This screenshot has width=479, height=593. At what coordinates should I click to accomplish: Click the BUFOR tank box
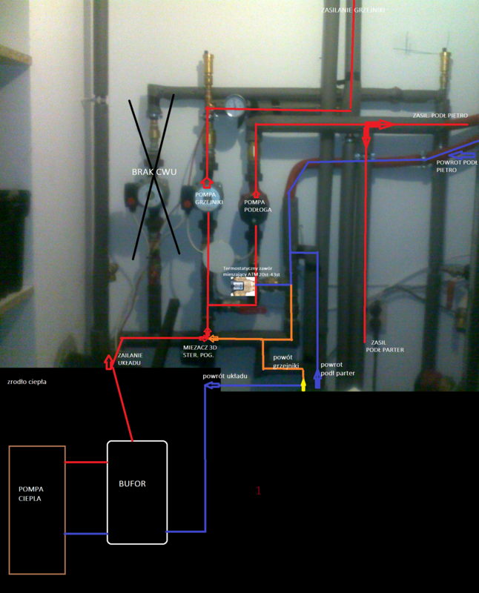(137, 492)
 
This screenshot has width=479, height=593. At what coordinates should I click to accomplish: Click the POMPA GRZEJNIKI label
(205, 198)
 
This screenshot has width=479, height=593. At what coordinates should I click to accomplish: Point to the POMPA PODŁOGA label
(255, 205)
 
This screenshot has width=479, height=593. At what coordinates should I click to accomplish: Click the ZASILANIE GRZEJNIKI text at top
(354, 10)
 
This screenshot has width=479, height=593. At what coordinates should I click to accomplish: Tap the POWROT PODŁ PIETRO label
(456, 165)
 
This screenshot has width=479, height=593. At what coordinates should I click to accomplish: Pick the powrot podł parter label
(337, 369)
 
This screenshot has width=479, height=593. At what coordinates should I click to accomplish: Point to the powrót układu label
(225, 377)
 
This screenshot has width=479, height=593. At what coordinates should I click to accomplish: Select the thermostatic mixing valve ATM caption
(252, 271)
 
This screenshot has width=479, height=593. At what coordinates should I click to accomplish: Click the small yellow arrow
(303, 385)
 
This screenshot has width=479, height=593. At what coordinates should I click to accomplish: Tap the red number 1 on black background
(258, 490)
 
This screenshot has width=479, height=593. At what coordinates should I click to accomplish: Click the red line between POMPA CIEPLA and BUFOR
(86, 463)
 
